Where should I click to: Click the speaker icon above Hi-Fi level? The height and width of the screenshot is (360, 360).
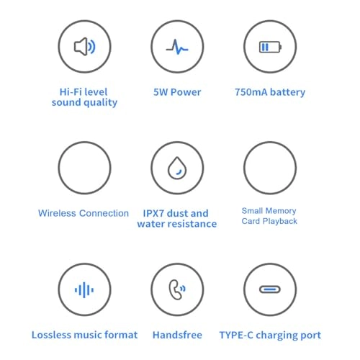pos(84,47)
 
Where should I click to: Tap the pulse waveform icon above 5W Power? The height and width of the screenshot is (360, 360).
pos(177,47)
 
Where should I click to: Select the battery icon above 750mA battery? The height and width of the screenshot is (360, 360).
pos(270,47)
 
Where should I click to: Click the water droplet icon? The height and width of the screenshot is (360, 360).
pos(177,168)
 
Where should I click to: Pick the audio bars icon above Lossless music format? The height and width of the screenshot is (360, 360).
pos(84,289)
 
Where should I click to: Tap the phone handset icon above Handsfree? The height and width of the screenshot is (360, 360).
pos(177,289)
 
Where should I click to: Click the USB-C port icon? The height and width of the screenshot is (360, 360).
pos(270,289)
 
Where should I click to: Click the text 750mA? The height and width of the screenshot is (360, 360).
pos(251,92)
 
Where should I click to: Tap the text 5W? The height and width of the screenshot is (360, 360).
pos(161,92)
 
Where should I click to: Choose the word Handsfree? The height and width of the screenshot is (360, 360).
pos(177,335)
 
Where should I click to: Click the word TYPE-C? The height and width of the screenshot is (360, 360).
pos(236,335)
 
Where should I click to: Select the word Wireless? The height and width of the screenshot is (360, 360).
pos(57,213)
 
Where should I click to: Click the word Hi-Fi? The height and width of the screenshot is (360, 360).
pos(68,92)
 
